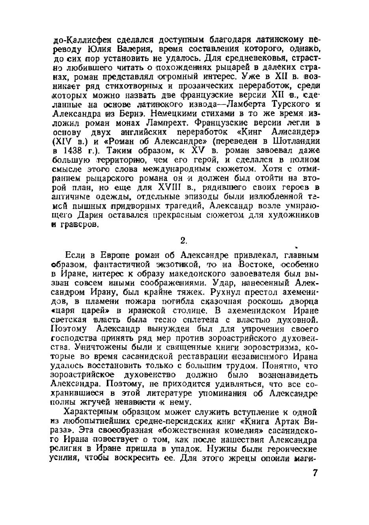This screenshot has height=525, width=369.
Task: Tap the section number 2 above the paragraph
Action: [182, 240]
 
